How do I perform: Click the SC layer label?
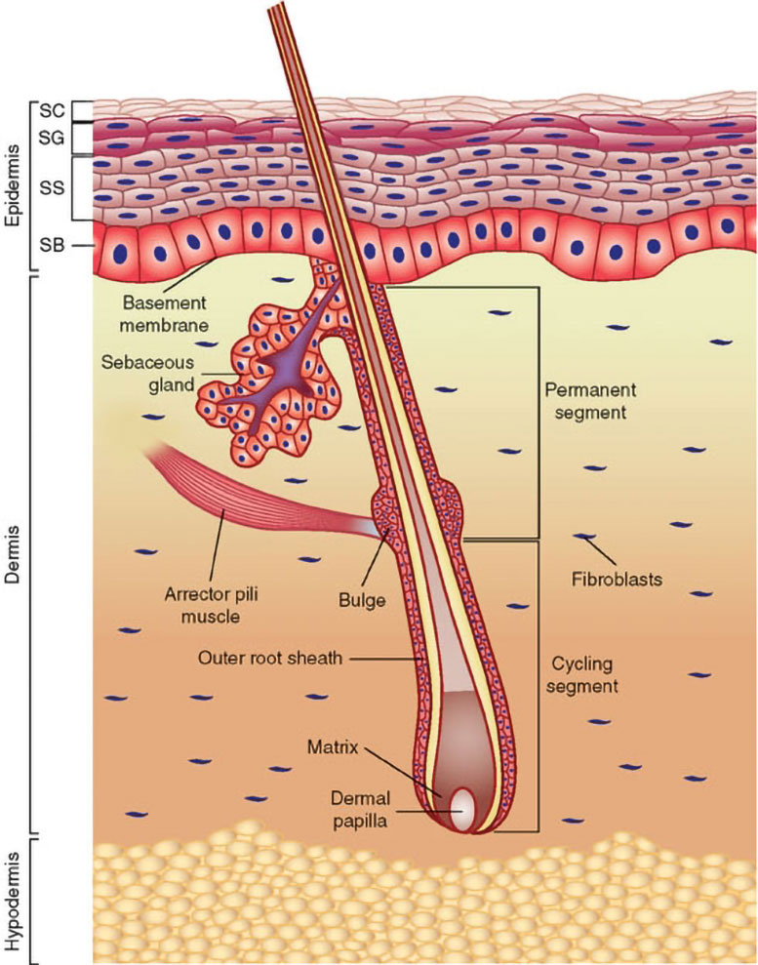point(52,110)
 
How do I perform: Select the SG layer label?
point(52,139)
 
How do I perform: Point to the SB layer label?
point(52,246)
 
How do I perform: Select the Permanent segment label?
point(589,401)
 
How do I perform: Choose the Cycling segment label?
point(582,675)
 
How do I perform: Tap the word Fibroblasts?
point(618,580)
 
